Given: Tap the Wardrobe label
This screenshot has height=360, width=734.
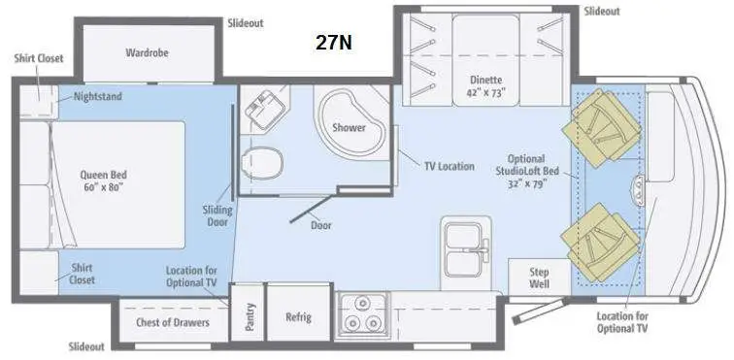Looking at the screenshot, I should coord(147,52).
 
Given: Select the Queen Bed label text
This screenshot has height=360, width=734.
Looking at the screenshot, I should coord(104,181).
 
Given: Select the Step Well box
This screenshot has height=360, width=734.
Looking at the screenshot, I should coord(540,279).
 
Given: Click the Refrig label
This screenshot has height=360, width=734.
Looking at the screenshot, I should coord(298,317).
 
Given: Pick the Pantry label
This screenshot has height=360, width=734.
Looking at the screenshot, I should coord(250,316).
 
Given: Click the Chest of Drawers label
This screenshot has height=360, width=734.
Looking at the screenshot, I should coord(173,322).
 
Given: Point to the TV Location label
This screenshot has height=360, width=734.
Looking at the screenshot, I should coord(449,166).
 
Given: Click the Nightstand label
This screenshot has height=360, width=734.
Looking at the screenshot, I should coord(97,97).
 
